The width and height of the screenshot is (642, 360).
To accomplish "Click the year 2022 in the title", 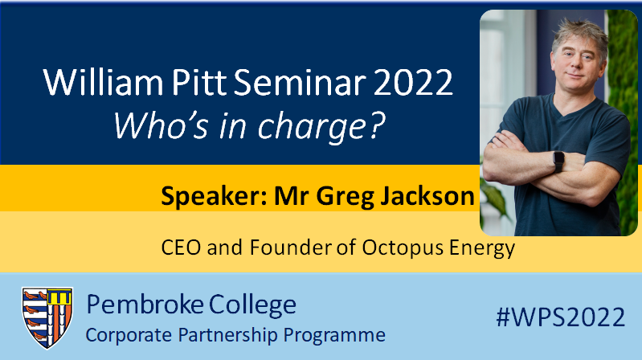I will point(403,84).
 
